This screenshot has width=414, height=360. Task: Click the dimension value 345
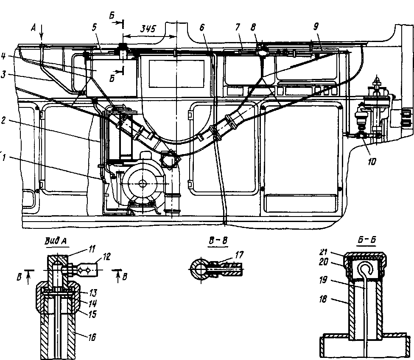point(148,28)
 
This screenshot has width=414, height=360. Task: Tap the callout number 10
point(372,162)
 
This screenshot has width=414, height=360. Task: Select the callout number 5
point(94,28)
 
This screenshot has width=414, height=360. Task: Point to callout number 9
point(316,26)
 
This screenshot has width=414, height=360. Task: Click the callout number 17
point(239,255)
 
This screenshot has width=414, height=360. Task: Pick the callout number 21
point(324,252)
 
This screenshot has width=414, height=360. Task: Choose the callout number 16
point(92,337)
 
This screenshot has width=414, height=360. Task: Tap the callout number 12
point(106,257)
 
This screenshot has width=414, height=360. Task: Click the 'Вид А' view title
point(56,241)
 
